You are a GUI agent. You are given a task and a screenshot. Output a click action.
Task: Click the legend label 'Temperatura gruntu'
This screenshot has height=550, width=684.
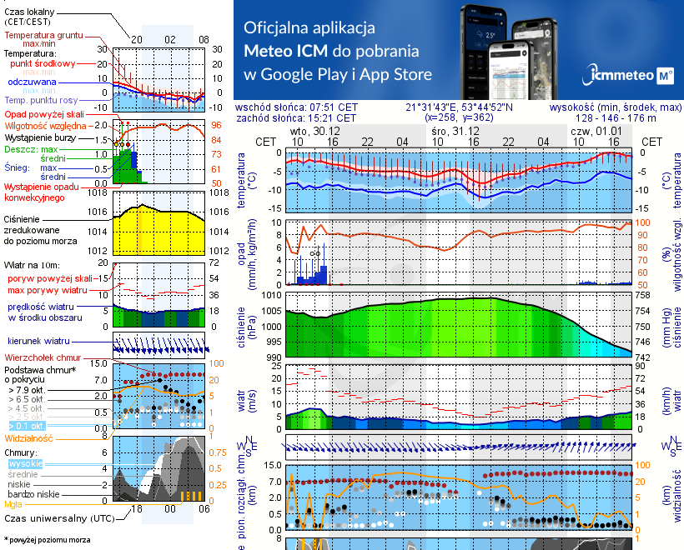(x=48, y=36)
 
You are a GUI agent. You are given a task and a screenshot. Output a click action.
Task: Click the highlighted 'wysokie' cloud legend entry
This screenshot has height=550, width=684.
(x=25, y=463)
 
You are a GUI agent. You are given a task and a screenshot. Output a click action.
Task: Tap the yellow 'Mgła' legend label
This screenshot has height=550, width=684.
(x=13, y=504)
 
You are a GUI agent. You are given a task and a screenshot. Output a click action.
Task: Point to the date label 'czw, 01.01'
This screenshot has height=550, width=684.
(x=592, y=132)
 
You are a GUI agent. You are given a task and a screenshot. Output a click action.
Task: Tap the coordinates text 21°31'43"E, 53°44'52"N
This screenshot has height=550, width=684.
(x=460, y=107)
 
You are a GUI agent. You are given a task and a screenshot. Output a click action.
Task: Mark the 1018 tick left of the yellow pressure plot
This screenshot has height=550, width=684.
(x=99, y=193)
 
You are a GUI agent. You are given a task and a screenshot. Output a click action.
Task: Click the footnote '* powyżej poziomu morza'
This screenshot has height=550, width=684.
(x=46, y=540)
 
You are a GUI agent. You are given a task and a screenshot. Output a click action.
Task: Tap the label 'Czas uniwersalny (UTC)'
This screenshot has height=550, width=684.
(x=53, y=518)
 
